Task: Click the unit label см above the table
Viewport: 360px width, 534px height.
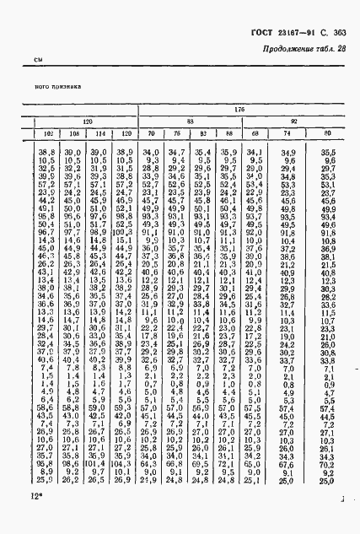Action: tap(38, 60)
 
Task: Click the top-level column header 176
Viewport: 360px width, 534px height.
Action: tap(239, 111)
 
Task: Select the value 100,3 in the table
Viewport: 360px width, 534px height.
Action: tap(123, 232)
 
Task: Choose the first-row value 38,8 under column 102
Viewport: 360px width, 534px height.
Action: tap(46, 152)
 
